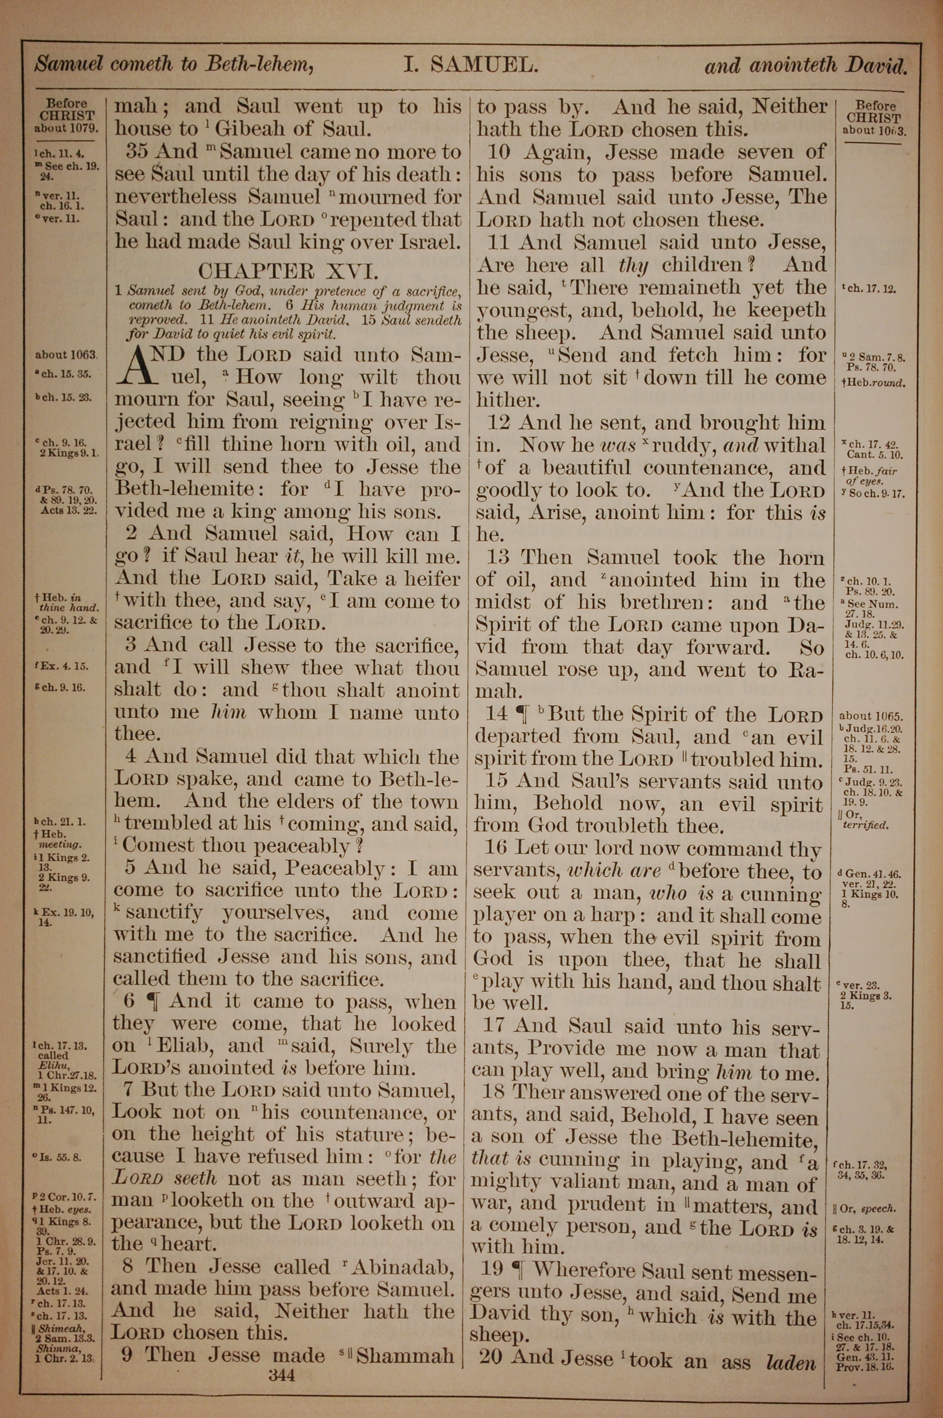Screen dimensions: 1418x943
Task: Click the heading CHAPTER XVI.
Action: point(289,271)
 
